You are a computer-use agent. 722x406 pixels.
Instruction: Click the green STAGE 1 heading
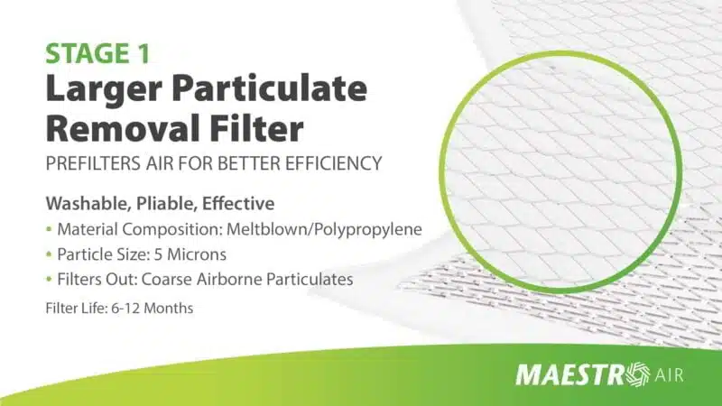pos(97,53)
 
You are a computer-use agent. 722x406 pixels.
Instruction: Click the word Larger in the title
pos(104,90)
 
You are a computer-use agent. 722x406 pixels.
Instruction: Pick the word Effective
pos(238,203)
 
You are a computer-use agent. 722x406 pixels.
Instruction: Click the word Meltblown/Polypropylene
pos(325,229)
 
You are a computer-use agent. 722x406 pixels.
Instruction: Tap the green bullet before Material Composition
pos(49,229)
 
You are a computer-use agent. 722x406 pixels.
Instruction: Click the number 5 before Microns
pos(158,254)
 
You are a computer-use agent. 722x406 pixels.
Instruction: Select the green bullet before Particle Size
pos(49,254)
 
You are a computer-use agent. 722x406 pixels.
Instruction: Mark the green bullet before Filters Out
pos(49,279)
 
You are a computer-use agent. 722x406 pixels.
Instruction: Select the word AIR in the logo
pos(669,375)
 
